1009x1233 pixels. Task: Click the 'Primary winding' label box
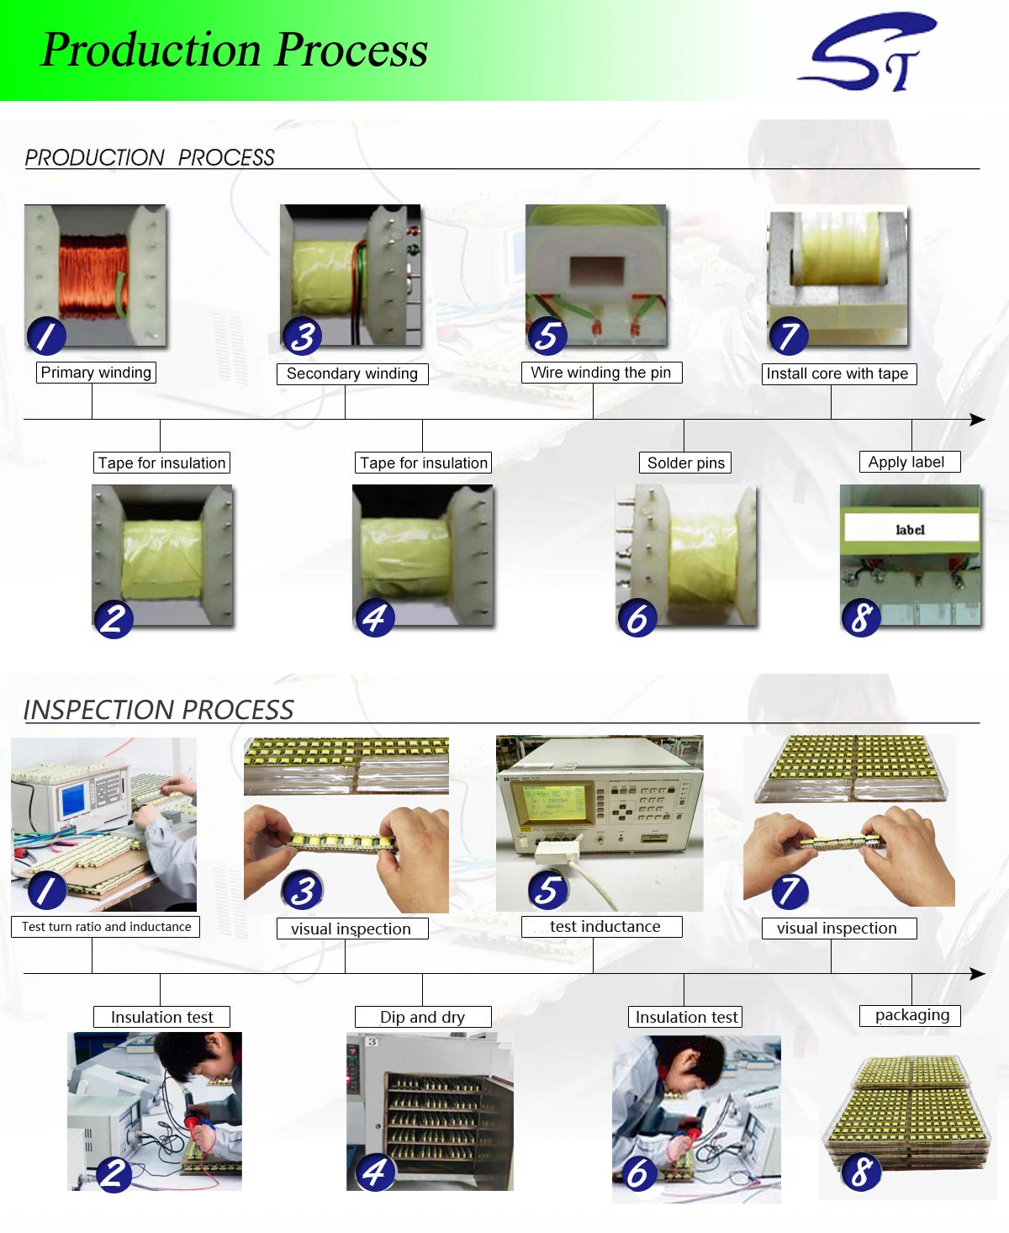[x=96, y=373]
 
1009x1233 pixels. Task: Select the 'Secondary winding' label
[x=352, y=373]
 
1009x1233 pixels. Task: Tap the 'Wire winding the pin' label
[x=601, y=373]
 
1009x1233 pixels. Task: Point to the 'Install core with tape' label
[x=838, y=373]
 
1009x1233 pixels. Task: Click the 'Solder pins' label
[x=685, y=463]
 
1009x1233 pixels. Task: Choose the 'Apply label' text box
[x=909, y=462]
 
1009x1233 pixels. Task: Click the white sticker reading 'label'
[x=911, y=528]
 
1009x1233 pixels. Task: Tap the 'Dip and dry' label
[x=423, y=1017]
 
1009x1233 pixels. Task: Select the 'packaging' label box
[x=910, y=1015]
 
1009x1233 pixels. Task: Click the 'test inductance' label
[x=601, y=927]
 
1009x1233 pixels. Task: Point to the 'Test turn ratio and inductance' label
[x=106, y=927]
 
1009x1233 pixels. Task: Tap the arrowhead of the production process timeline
[x=977, y=419]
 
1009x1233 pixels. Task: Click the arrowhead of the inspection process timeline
[x=977, y=973]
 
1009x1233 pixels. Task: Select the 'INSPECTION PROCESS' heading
[x=158, y=710]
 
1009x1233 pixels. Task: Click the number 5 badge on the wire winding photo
[x=547, y=336]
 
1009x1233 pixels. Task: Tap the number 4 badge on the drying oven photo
[x=375, y=1172]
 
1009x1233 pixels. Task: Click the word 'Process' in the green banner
[x=351, y=50]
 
